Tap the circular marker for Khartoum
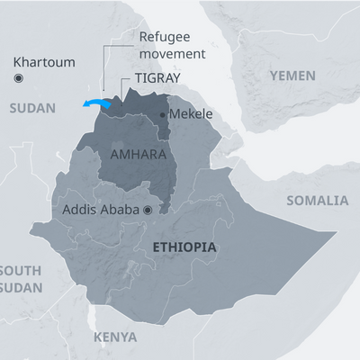coord(18,79)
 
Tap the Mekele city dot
coord(162,115)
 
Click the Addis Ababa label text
coord(100,209)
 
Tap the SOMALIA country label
coord(317,200)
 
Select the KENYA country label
coord(115,337)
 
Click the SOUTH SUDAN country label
coord(20,278)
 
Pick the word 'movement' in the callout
coord(173,53)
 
